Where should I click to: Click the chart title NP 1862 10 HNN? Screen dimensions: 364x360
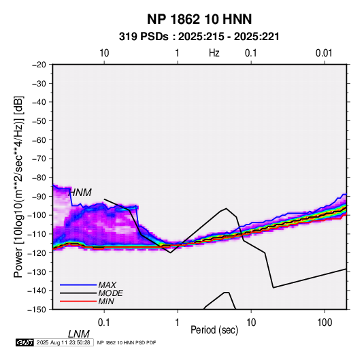coord(199,19)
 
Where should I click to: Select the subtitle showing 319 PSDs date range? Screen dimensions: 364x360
coord(199,37)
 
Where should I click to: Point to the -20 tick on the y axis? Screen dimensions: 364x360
coord(39,65)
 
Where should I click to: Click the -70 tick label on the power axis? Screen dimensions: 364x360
coord(39,159)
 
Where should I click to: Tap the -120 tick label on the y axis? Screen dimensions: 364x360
coord(37,252)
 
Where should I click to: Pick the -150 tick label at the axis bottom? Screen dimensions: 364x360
coord(37,310)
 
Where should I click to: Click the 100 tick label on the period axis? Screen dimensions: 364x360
coord(325,323)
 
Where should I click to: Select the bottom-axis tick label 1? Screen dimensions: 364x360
coord(178,323)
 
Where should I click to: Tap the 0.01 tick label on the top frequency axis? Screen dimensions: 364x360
coord(324,53)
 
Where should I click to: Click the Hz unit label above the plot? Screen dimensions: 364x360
coord(214,53)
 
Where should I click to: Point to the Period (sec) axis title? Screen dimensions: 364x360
coord(214,330)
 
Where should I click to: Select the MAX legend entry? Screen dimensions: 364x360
coord(107,285)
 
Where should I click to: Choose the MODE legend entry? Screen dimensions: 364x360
coord(110,293)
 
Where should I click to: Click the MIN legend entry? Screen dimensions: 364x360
coord(106,301)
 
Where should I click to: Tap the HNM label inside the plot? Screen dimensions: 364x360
coord(80,193)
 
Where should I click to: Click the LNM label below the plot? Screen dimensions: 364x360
coord(79,334)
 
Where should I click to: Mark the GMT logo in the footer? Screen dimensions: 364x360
coord(25,342)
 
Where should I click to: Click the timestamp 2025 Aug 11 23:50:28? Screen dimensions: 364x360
coord(63,342)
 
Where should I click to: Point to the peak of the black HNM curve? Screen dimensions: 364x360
coord(226,208)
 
